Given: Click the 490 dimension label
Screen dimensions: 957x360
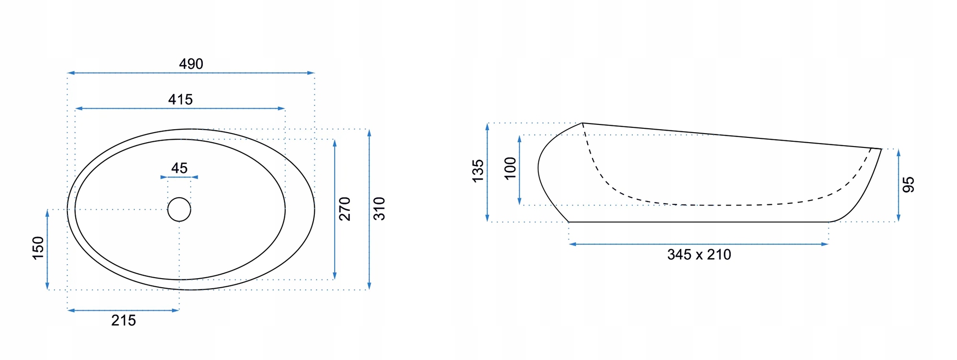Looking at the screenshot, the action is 191,64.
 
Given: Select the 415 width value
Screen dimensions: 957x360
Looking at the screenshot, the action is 180,100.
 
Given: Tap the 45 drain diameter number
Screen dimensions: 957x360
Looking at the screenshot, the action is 179,168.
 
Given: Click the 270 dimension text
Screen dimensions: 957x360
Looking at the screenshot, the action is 345,209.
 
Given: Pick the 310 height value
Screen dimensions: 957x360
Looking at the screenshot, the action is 379,209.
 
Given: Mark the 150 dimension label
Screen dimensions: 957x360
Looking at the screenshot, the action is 38,248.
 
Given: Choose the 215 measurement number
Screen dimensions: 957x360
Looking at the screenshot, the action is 123,320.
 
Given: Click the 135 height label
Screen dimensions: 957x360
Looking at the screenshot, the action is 478,171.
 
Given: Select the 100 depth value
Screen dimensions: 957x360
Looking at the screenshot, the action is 510,168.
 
